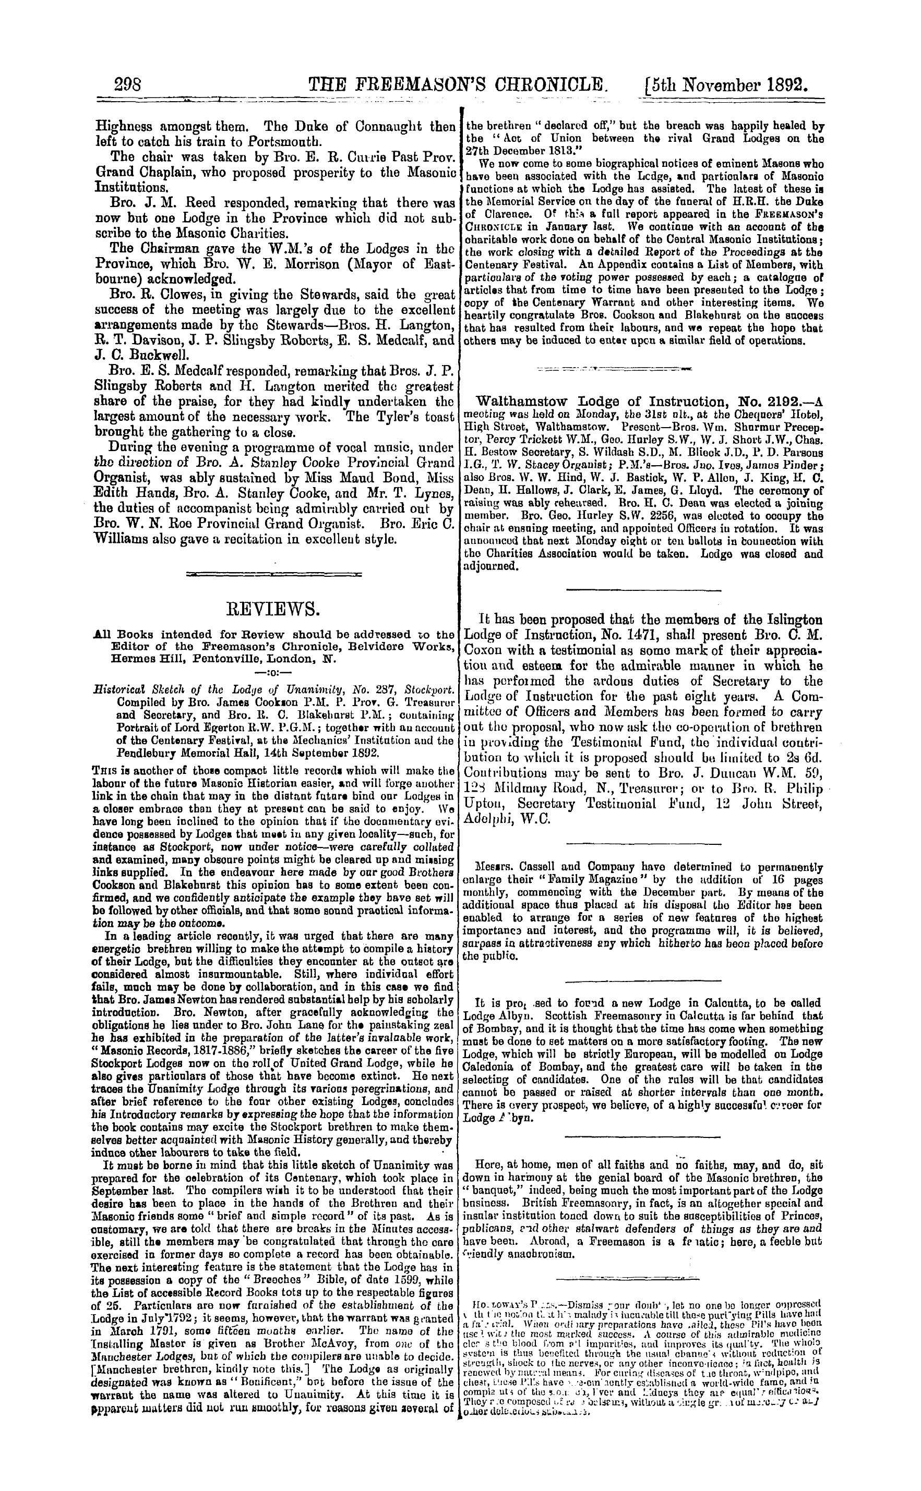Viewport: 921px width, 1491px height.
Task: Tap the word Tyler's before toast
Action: pyautogui.click(x=381, y=417)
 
